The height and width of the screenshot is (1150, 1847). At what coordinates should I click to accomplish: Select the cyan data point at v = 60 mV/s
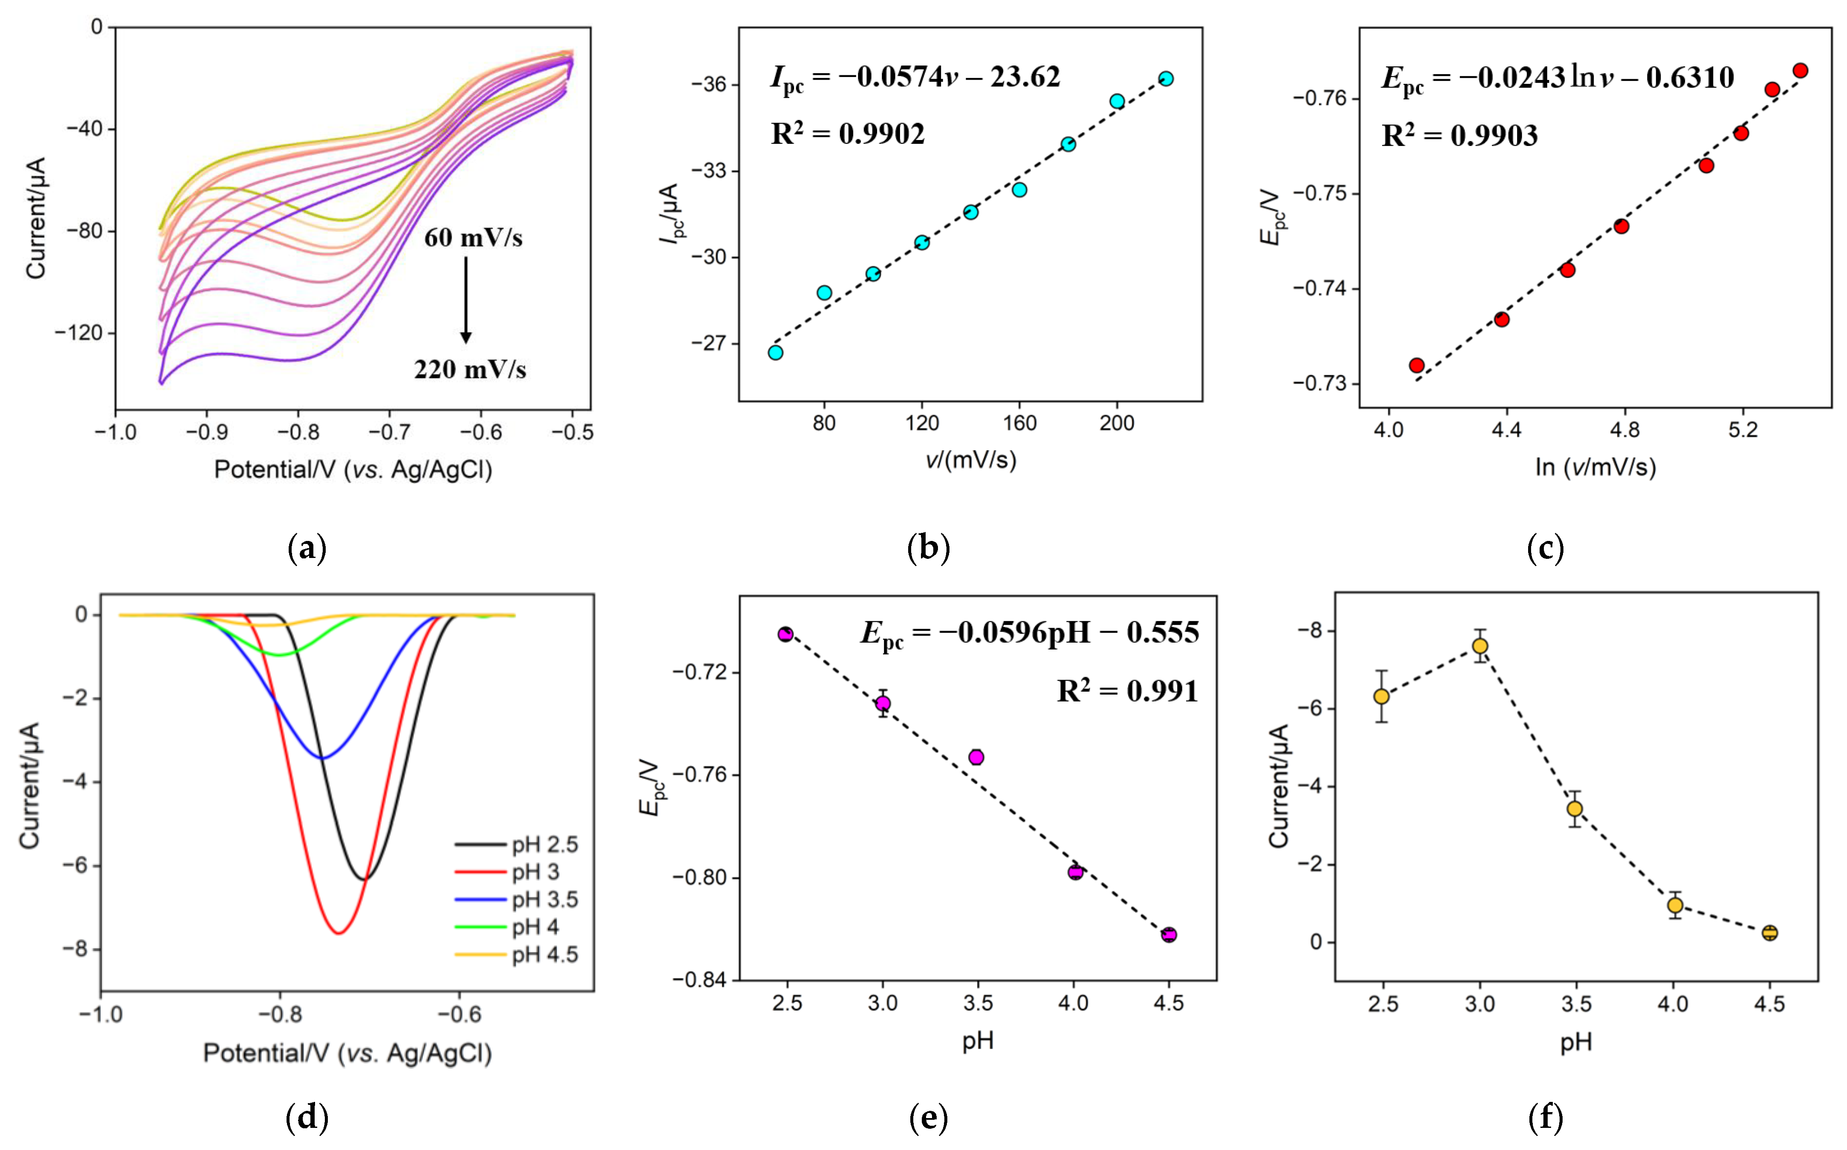(x=775, y=352)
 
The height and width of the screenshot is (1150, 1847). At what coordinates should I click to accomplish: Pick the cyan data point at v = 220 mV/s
(x=1165, y=78)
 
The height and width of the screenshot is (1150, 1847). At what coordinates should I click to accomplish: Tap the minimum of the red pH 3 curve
(x=339, y=933)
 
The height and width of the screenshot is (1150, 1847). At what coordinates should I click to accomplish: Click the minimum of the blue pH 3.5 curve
(x=322, y=758)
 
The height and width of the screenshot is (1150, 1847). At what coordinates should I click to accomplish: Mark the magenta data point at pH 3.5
(x=976, y=757)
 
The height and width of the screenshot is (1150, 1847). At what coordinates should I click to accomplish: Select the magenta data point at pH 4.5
(x=1168, y=935)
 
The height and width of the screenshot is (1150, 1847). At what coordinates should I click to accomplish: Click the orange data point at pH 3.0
(x=1480, y=646)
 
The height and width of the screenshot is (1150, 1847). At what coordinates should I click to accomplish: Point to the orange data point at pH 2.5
(x=1382, y=696)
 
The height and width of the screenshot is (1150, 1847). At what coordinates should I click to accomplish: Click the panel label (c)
(x=1545, y=548)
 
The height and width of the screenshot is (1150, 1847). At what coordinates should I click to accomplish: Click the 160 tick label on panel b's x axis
(x=1019, y=423)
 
